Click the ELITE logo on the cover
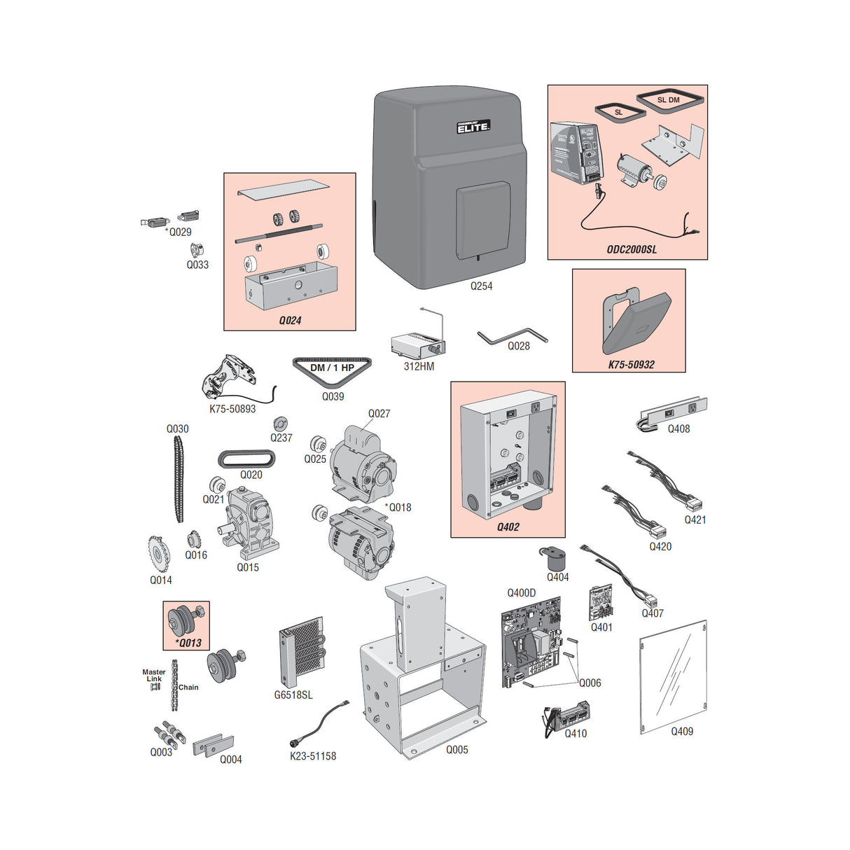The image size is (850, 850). click(x=473, y=127)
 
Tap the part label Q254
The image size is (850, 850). click(x=481, y=286)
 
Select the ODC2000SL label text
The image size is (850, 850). click(x=632, y=249)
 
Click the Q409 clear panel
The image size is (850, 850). click(x=673, y=673)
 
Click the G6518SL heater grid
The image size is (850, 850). click(x=302, y=653)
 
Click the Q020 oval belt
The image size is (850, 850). click(x=246, y=459)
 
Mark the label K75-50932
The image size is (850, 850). click(x=631, y=364)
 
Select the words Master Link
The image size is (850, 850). click(x=153, y=675)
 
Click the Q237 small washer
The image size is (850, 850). click(x=281, y=424)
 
